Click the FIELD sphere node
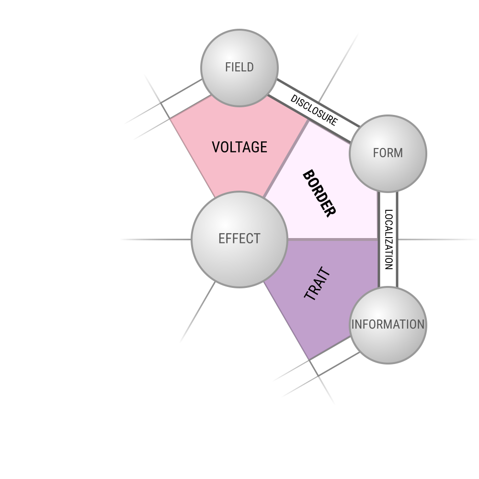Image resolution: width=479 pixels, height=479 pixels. click(x=239, y=68)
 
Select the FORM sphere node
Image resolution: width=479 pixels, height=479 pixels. click(x=388, y=154)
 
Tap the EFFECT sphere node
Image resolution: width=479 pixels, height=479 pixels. click(x=239, y=239)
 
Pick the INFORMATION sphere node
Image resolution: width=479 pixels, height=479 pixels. click(x=388, y=325)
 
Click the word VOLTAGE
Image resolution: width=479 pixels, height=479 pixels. click(x=239, y=147)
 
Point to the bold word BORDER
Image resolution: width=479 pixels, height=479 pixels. click(x=319, y=194)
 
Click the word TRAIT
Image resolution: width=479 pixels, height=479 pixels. click(x=318, y=284)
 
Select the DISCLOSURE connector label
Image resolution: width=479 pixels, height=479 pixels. click(x=314, y=110)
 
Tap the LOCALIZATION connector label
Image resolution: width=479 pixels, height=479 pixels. click(x=388, y=239)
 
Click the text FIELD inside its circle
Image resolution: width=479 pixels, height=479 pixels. click(x=239, y=67)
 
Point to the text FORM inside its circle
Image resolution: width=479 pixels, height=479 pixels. click(x=388, y=153)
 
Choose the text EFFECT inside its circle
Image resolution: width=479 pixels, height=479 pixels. click(x=239, y=239)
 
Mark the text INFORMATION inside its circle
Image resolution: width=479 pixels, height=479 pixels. click(x=388, y=324)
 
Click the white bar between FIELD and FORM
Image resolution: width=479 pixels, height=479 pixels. click(x=314, y=111)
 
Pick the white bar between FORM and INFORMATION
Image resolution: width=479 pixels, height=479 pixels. click(x=388, y=239)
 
